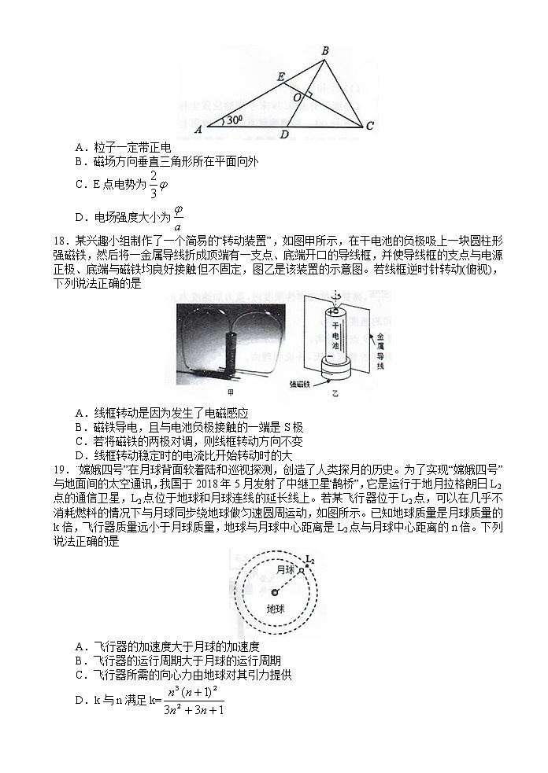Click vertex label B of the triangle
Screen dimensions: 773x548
click(x=324, y=52)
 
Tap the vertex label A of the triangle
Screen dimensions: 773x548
click(x=198, y=128)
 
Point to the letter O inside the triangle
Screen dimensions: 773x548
click(x=296, y=96)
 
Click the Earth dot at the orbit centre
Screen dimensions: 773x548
click(x=274, y=593)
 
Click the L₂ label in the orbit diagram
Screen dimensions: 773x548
click(x=309, y=560)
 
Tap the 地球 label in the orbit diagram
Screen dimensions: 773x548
click(x=276, y=608)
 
